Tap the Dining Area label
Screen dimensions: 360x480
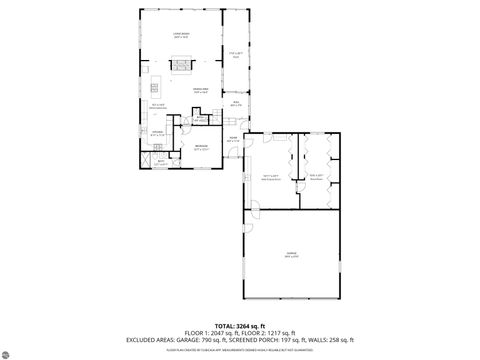[x=200, y=91]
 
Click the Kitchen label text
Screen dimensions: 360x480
[x=158, y=132]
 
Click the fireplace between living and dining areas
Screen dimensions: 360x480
[x=182, y=67]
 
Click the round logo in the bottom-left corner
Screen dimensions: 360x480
[x=9, y=351]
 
